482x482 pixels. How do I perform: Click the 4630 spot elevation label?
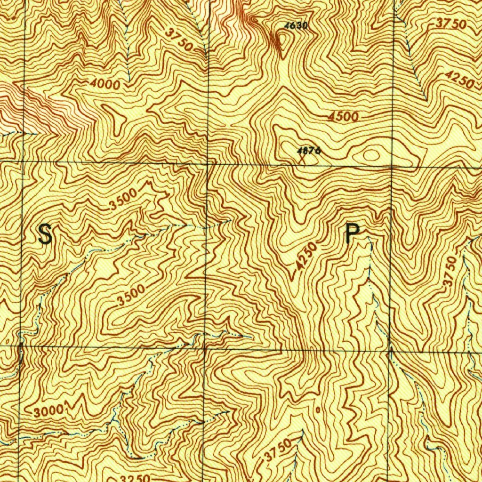(296, 25)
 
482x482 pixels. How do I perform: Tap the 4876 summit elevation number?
(309, 151)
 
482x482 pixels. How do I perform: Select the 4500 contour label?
(344, 117)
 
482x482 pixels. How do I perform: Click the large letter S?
(45, 234)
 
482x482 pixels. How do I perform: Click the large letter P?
(353, 233)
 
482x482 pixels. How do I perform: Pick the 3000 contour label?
(49, 410)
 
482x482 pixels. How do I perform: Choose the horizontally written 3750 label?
(450, 24)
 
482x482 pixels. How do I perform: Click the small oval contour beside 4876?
(371, 155)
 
